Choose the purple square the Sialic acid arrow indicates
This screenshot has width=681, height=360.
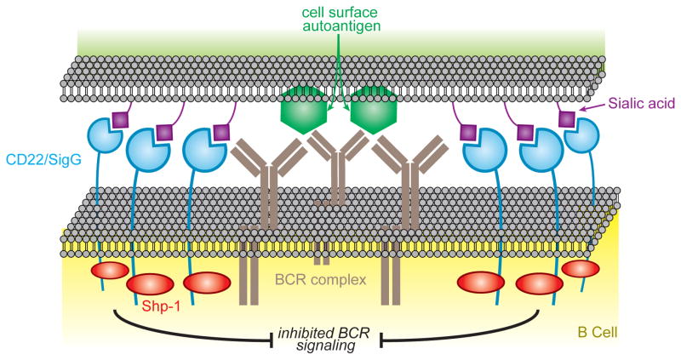[x=565, y=121]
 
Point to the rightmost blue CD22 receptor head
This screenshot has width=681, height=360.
[x=582, y=138]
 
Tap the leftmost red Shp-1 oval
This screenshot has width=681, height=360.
[x=109, y=271]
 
